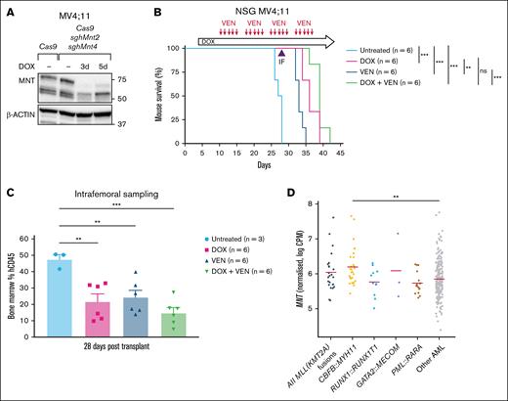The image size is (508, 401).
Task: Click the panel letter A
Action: [7, 8]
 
